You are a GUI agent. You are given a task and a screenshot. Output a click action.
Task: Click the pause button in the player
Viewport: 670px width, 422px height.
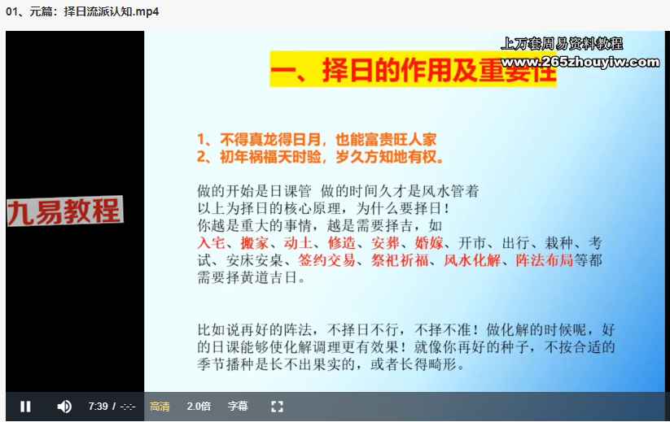pos(25,407)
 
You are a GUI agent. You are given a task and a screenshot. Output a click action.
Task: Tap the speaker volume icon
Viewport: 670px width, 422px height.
pos(64,407)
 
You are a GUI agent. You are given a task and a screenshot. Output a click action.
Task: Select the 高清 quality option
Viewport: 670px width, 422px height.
pos(160,407)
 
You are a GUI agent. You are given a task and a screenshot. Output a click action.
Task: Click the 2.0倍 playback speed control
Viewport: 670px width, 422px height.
pos(199,407)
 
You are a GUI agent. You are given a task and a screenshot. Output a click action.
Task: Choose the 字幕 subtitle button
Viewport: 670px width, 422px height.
pos(238,407)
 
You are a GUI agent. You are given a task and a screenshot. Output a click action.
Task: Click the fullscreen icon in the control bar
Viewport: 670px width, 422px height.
pos(277,407)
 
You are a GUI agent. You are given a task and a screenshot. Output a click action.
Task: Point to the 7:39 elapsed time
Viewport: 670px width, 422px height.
pos(98,407)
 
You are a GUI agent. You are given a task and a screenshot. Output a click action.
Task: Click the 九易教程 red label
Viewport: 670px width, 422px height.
pos(65,211)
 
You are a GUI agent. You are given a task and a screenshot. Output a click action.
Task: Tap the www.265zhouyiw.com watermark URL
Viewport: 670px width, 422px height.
pos(580,63)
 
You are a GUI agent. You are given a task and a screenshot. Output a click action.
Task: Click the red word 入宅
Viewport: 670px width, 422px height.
pos(211,243)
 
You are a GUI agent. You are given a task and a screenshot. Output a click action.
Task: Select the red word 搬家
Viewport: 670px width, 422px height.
pos(254,243)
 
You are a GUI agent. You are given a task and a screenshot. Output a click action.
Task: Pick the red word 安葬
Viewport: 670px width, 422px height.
pos(385,243)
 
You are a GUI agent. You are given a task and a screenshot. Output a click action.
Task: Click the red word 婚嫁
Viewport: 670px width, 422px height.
pos(429,243)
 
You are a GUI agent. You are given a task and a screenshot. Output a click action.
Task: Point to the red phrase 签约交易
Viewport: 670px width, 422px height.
pos(327,260)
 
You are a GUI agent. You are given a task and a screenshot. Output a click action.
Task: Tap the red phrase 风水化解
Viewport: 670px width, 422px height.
pos(472,260)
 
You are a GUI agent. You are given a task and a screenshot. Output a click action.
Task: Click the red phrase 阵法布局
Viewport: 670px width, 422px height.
pos(545,260)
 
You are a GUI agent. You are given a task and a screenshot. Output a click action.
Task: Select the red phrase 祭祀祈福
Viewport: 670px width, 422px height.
pos(400,260)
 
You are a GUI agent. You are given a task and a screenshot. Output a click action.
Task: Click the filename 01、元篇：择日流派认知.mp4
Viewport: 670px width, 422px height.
pos(82,11)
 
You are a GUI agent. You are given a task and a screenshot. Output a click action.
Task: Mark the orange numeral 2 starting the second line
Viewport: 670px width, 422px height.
pos(201,157)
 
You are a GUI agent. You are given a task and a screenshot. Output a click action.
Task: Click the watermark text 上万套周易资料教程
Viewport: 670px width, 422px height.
pos(562,44)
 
